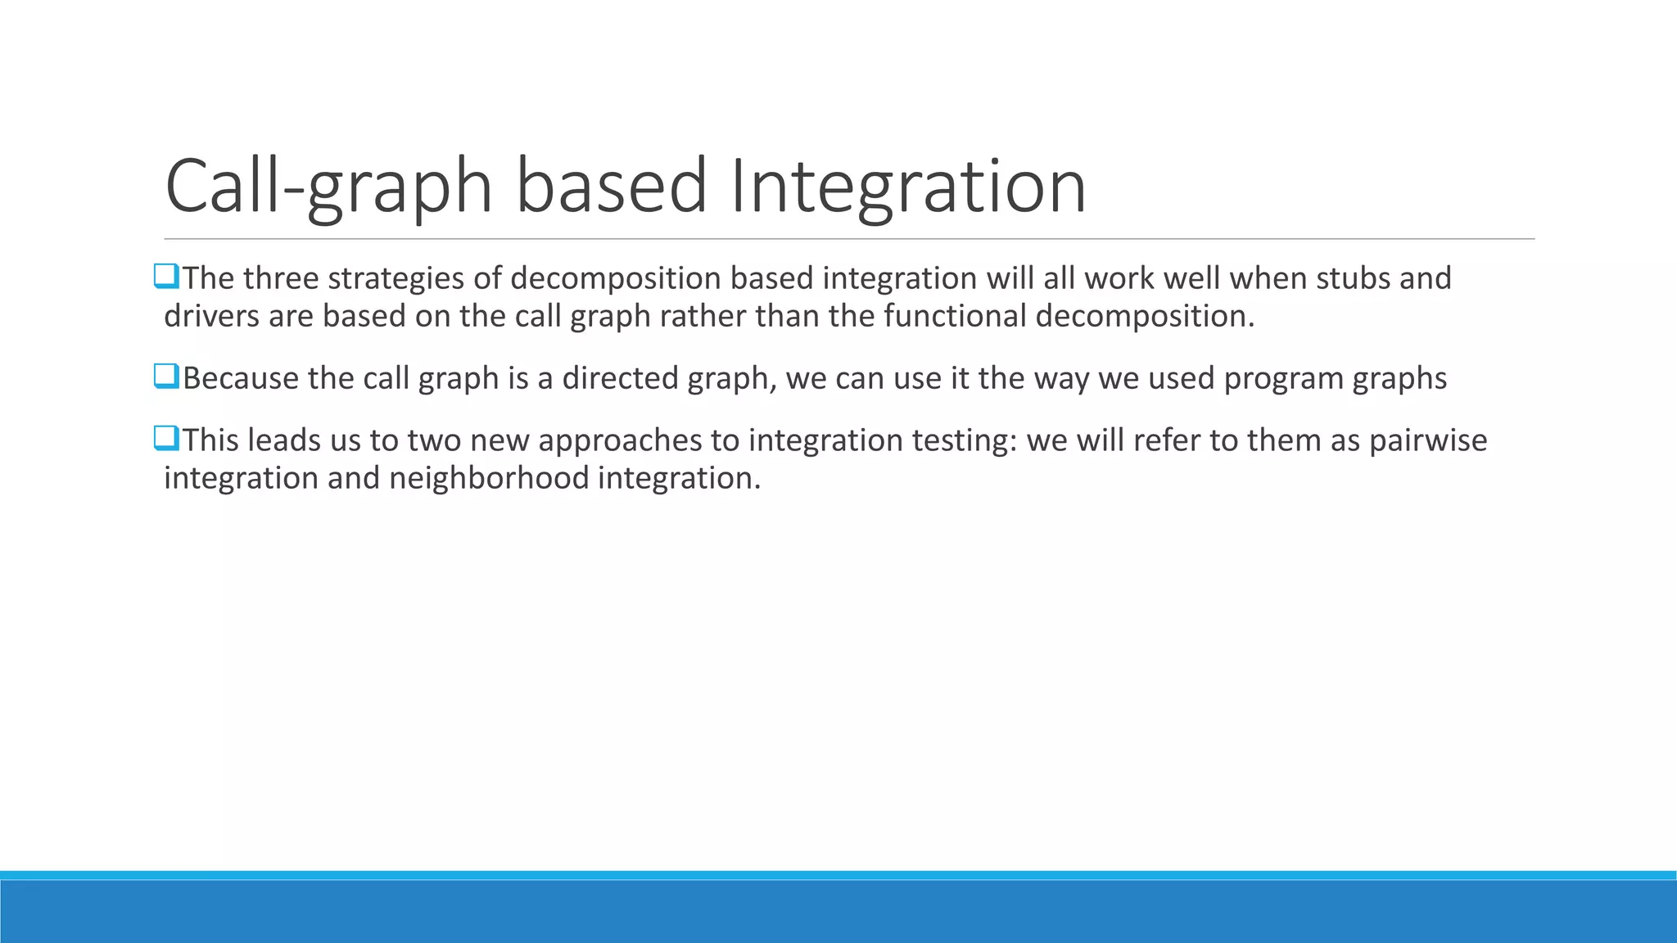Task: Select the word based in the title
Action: point(611,187)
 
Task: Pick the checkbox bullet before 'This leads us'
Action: point(166,439)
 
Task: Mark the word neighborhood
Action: point(489,478)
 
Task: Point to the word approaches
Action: point(620,440)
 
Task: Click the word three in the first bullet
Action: point(281,278)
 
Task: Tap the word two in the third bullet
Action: point(434,440)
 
